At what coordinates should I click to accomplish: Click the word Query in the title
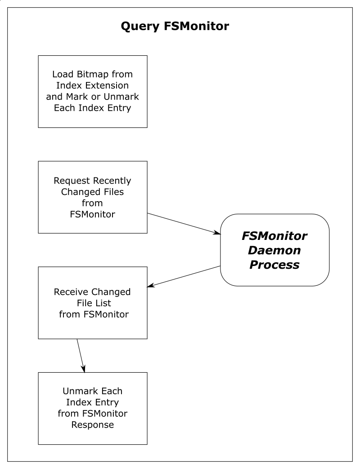140,27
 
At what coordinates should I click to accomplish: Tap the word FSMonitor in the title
197,26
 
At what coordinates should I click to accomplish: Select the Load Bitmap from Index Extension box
93,91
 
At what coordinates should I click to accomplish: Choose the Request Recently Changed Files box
93,197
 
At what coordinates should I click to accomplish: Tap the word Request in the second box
68,180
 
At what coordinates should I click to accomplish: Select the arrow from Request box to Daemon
184,223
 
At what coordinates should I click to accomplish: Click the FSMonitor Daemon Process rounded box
274,250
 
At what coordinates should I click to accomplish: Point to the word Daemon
274,250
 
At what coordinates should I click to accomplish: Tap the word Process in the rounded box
274,264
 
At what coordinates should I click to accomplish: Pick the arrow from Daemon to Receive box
184,277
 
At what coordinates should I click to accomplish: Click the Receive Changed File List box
93,303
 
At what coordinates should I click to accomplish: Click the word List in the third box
102,303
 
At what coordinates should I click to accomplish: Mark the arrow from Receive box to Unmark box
81,356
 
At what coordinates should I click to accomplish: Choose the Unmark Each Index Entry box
93,408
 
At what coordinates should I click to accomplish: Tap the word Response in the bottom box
93,425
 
